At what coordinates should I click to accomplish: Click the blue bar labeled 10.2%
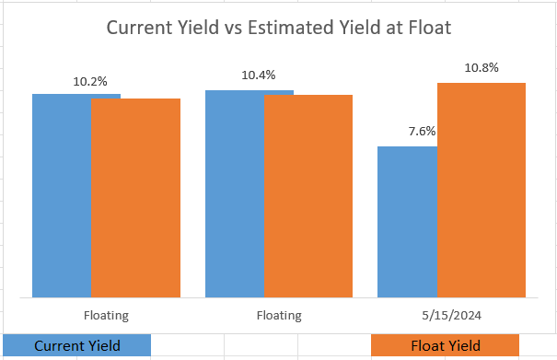pyautogui.click(x=62, y=195)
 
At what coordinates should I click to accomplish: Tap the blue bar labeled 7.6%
pyautogui.click(x=407, y=221)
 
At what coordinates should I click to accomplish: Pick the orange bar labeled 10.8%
pyautogui.click(x=481, y=190)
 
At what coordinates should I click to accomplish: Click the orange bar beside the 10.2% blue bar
pyautogui.click(x=136, y=197)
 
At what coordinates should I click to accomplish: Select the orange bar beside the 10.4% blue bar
pyautogui.click(x=308, y=195)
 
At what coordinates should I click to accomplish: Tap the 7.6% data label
pyautogui.click(x=422, y=132)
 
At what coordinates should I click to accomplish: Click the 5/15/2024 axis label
pyautogui.click(x=451, y=316)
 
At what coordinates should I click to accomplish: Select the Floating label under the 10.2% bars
pyautogui.click(x=106, y=316)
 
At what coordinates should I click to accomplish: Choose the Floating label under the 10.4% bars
pyautogui.click(x=279, y=316)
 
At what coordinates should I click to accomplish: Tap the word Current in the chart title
pyautogui.click(x=137, y=28)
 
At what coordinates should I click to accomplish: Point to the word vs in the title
pyautogui.click(x=235, y=28)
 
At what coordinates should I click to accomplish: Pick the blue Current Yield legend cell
pyautogui.click(x=75, y=345)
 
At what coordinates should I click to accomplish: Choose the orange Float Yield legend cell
pyautogui.click(x=445, y=345)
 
